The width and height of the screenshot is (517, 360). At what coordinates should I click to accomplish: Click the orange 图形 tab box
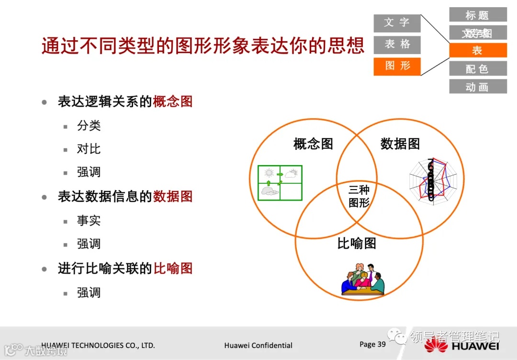pos(397,66)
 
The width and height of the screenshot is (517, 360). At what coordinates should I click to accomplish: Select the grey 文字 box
pos(397,23)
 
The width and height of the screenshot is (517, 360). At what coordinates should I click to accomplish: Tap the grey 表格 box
pos(397,45)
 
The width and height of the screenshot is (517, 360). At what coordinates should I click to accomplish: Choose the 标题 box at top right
pos(477,15)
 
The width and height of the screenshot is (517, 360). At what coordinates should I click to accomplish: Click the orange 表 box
pos(477,51)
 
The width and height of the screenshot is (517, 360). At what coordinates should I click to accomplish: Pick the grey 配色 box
pos(477,69)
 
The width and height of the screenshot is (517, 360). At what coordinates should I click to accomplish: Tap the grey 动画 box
pos(477,87)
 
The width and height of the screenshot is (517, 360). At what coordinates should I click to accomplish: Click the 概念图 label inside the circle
pos(313,144)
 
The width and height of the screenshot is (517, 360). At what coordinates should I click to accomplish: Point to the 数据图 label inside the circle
pos(400,144)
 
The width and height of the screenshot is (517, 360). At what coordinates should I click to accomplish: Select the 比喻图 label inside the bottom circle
pos(357,243)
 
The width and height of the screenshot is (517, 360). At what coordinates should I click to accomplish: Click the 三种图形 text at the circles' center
pos(359,196)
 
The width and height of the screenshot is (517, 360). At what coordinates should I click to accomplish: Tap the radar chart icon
pos(433,181)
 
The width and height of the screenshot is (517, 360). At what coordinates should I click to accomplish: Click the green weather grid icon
pos(280,182)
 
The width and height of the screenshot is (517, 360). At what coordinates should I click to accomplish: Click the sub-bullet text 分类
pos(89,126)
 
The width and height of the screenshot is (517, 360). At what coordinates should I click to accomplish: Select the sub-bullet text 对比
pos(89,149)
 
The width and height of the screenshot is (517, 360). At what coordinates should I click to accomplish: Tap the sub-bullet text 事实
pos(89,221)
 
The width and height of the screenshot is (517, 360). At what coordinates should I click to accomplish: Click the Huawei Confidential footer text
pos(258,345)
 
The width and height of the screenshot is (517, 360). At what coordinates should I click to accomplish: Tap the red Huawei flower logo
pos(435,345)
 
